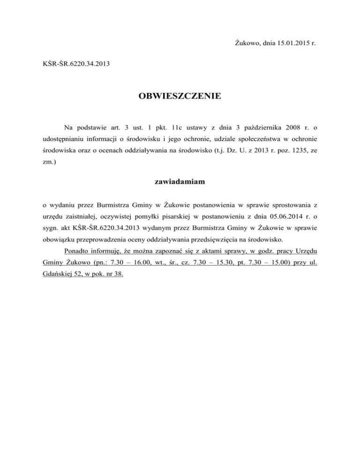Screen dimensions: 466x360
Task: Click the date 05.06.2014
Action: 280,217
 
